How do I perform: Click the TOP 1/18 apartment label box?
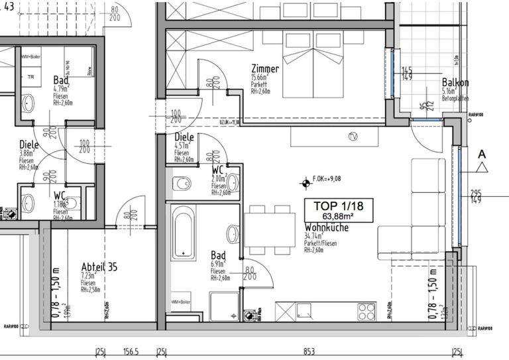[x=339, y=210]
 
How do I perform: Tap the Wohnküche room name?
[x=326, y=227]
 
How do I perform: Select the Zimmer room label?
[x=264, y=70]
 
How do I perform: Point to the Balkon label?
[x=455, y=83]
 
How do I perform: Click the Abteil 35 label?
[x=99, y=267]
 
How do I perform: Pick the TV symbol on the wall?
[x=352, y=137]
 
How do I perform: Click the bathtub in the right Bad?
[x=183, y=232]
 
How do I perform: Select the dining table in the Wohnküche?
[x=270, y=229]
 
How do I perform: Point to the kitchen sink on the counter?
[x=306, y=310]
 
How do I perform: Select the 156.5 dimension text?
[x=131, y=352]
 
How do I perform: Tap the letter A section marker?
[x=482, y=154]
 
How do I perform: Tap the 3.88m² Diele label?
[x=29, y=145]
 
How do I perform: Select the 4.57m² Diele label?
[x=184, y=138]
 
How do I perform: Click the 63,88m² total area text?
[x=339, y=216]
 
